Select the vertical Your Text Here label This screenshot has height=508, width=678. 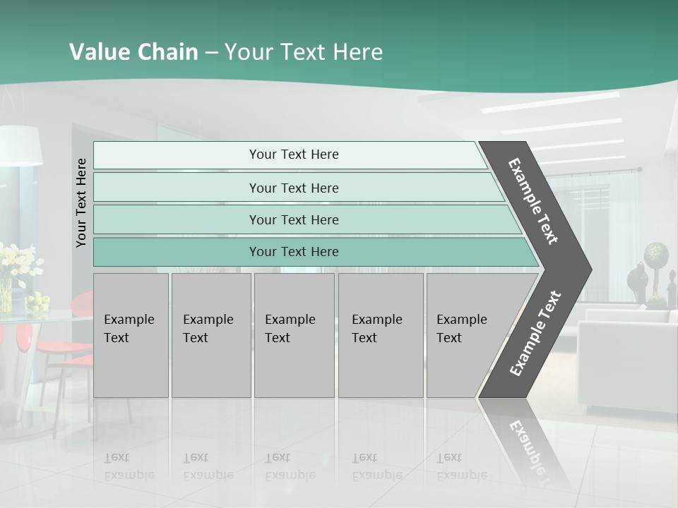tap(81, 202)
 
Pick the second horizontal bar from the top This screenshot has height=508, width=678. tap(294, 188)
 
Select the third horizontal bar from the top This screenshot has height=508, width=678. tap(294, 219)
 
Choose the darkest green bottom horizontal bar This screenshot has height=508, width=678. tap(294, 252)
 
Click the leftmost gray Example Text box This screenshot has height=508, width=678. tap(131, 335)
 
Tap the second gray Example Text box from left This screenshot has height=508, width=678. tap(211, 335)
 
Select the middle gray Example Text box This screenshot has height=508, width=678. tap(294, 335)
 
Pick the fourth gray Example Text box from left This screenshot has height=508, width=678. tap(381, 335)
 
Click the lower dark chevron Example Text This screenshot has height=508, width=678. tap(535, 334)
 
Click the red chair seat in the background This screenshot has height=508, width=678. tap(61, 346)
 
